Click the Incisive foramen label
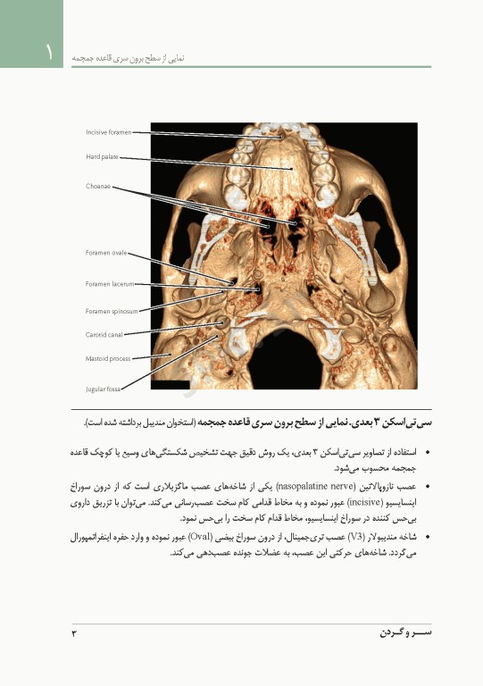[x=108, y=132]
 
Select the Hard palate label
[x=102, y=157]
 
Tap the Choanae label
[x=98, y=187]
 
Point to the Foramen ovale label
[x=106, y=253]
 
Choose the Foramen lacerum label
[x=110, y=284]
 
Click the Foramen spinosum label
[x=112, y=311]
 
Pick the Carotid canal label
[x=104, y=335]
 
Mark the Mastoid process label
[x=108, y=358]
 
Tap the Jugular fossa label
[x=104, y=389]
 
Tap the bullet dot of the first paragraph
[x=429, y=453]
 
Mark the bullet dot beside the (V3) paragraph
[x=429, y=538]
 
